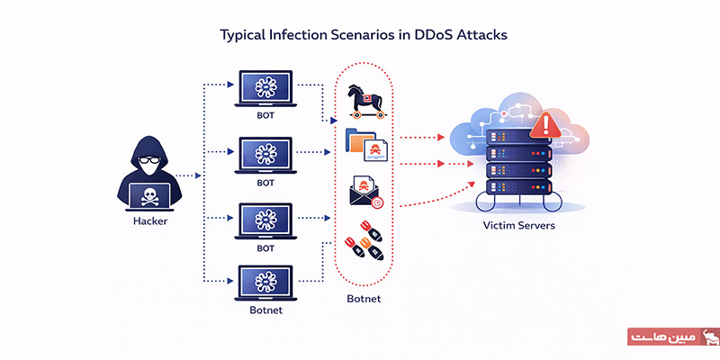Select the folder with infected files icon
[x=365, y=144]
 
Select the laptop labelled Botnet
[x=265, y=283]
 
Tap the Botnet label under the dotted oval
[x=365, y=297]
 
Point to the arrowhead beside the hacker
[x=194, y=176]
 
